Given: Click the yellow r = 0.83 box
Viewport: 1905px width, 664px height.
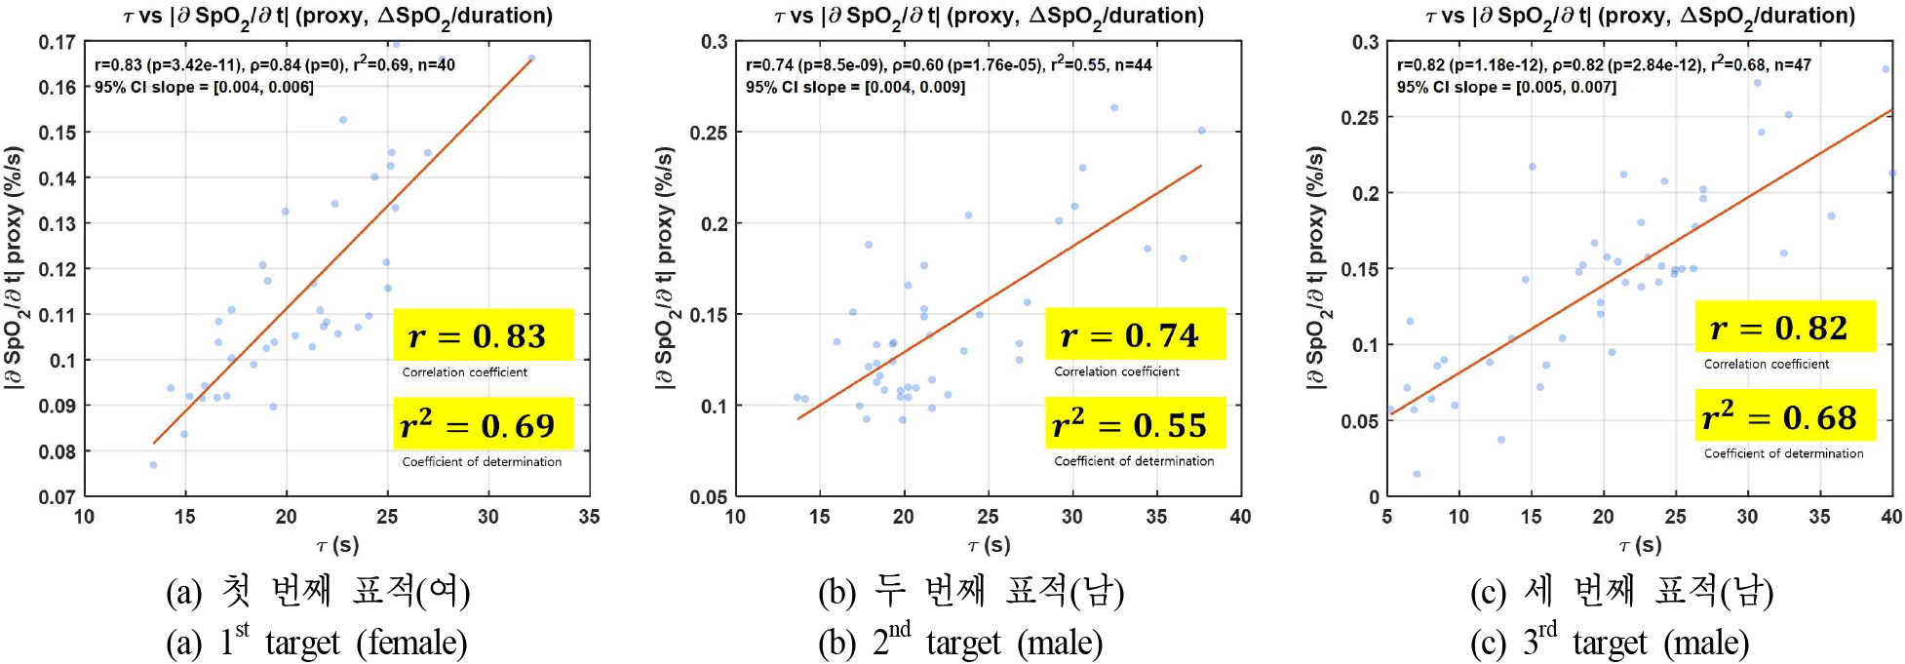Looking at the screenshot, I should tap(484, 335).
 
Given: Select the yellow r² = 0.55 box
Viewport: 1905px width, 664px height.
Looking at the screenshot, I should tap(1134, 424).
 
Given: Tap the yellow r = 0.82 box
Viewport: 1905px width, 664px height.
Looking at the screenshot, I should tap(1785, 328).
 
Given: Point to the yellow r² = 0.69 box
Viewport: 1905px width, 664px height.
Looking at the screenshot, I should tap(484, 425).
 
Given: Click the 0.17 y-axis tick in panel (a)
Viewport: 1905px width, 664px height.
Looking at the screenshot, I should tap(57, 42).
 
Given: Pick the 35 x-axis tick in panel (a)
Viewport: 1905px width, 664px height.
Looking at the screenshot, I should tap(589, 517).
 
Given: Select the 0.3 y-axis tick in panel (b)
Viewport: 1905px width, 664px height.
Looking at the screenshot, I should tap(714, 42).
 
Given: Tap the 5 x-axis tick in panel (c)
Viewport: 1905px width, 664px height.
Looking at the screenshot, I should tap(1386, 517).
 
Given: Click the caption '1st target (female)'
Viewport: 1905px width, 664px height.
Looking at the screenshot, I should tap(317, 643).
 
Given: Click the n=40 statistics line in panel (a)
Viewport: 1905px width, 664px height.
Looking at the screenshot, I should tap(275, 65).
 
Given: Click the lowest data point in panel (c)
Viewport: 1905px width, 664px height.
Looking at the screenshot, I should tap(1417, 474).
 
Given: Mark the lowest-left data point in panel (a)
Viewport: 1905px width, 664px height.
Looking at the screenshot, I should tap(153, 465).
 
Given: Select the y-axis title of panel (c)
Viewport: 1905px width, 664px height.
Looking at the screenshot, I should tap(1316, 268).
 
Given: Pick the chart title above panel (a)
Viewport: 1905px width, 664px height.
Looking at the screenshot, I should tap(337, 17).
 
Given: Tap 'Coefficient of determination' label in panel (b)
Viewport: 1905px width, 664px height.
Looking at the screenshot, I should tap(1134, 461).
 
